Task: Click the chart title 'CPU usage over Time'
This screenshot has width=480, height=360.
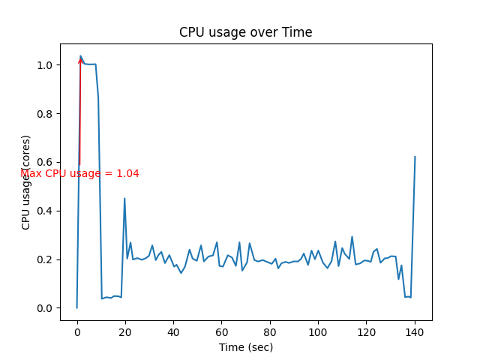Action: (x=245, y=32)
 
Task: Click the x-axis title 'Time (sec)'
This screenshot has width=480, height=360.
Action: (x=245, y=347)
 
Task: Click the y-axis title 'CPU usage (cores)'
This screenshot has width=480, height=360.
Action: (x=26, y=182)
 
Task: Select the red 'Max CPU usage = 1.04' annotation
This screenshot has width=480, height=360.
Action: (x=79, y=173)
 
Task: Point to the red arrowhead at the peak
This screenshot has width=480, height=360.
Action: (x=80, y=60)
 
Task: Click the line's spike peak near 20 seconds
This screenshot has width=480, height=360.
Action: (x=124, y=199)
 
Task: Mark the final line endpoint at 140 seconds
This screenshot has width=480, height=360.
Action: (x=415, y=157)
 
